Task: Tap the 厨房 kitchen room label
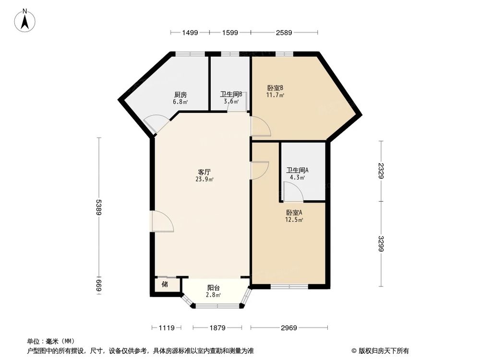click(x=180, y=95)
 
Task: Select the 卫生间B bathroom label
click(x=231, y=95)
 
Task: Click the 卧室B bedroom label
click(x=275, y=88)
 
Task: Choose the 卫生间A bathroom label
click(x=298, y=170)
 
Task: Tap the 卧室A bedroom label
click(x=294, y=213)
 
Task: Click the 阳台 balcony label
click(x=214, y=288)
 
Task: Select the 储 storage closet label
click(x=165, y=284)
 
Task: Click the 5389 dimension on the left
click(x=99, y=207)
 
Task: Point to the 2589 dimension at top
click(x=284, y=33)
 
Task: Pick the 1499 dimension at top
click(x=190, y=33)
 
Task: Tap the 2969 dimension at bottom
click(x=289, y=328)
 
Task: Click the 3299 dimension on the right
click(x=381, y=243)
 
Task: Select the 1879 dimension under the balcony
click(x=217, y=328)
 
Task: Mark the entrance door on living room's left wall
click(x=161, y=222)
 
